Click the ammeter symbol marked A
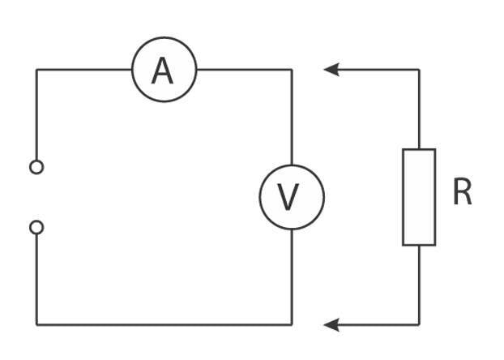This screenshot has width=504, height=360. point(164,71)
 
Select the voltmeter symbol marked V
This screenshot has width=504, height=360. point(291,197)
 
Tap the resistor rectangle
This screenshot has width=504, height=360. point(419,197)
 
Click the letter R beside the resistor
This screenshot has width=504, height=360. point(462,194)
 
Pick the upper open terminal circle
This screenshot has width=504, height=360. point(36,167)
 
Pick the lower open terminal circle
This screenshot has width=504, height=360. point(36,227)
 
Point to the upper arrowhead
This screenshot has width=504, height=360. point(331,70)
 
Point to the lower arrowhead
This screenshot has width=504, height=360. point(331,325)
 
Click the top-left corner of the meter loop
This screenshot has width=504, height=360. point(36,70)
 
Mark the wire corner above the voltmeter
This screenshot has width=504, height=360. point(292,70)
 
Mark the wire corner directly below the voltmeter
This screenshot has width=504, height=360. point(292,325)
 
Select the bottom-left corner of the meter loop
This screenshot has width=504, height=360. point(36,325)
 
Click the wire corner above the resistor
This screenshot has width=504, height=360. point(419,70)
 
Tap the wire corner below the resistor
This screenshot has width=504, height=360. point(419,325)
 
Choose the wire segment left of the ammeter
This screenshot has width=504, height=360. point(83,70)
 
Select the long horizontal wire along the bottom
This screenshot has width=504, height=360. point(162,325)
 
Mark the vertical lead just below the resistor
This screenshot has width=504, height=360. point(419,284)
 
